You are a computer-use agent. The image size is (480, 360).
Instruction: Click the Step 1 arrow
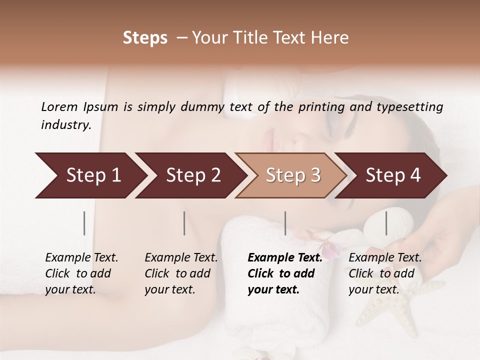[x=90, y=175]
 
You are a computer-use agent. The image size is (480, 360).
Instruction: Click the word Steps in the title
[x=145, y=38]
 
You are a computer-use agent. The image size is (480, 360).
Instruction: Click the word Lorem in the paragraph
[x=59, y=107]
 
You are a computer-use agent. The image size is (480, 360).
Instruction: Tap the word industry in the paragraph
[x=66, y=125]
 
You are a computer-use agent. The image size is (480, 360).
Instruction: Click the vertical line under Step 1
[x=84, y=223]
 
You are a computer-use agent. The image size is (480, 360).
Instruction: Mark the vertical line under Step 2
[x=184, y=223]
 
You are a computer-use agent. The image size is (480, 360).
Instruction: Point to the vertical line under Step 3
[x=285, y=223]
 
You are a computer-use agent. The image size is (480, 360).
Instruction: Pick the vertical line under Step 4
[x=386, y=223]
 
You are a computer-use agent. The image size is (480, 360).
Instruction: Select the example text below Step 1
[x=81, y=273]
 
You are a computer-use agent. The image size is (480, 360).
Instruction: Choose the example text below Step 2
[x=181, y=273]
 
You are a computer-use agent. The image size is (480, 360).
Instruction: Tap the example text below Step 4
[x=385, y=273]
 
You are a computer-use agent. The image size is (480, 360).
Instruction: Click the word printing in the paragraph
[x=321, y=107]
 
